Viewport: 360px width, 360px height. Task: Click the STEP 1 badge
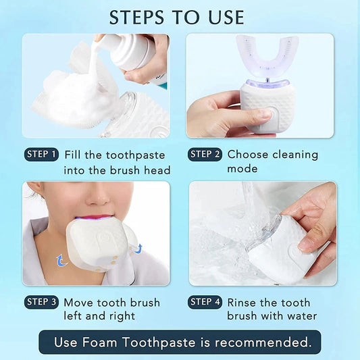point(41,154)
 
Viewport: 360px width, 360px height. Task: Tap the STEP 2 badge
point(205,154)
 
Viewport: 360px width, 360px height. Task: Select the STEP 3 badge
point(41,301)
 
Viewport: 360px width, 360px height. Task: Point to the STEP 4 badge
point(205,301)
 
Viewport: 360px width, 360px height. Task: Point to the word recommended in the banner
point(265,342)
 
